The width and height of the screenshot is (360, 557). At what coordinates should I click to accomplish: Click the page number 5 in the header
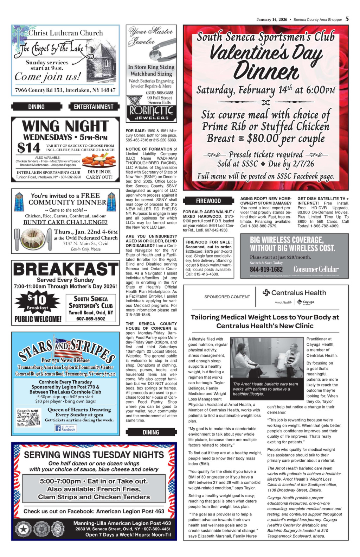pos(347,19)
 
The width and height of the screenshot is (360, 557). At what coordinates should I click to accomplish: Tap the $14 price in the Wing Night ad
pos(26,148)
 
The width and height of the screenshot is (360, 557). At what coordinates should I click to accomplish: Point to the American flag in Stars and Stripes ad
pos(67,346)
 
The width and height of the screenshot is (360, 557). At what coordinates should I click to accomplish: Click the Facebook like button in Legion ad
pos(65,428)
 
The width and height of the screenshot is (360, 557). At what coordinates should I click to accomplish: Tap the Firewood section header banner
pos(208,201)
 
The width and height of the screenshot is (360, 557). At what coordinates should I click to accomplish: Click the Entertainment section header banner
pos(94,107)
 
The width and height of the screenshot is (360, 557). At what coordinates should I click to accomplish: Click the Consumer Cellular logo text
pos(316,269)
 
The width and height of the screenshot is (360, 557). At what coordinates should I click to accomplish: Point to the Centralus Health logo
pos(294,293)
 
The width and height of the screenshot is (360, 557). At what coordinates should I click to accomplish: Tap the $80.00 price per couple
pos(263,138)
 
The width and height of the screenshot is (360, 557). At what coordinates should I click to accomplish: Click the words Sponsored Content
pos(227,297)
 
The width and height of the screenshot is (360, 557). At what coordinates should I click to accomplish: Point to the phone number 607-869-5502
pos(91,319)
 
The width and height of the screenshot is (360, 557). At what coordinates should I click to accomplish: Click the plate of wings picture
pos(99,160)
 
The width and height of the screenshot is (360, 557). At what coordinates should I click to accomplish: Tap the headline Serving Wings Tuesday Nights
pos(94,455)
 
